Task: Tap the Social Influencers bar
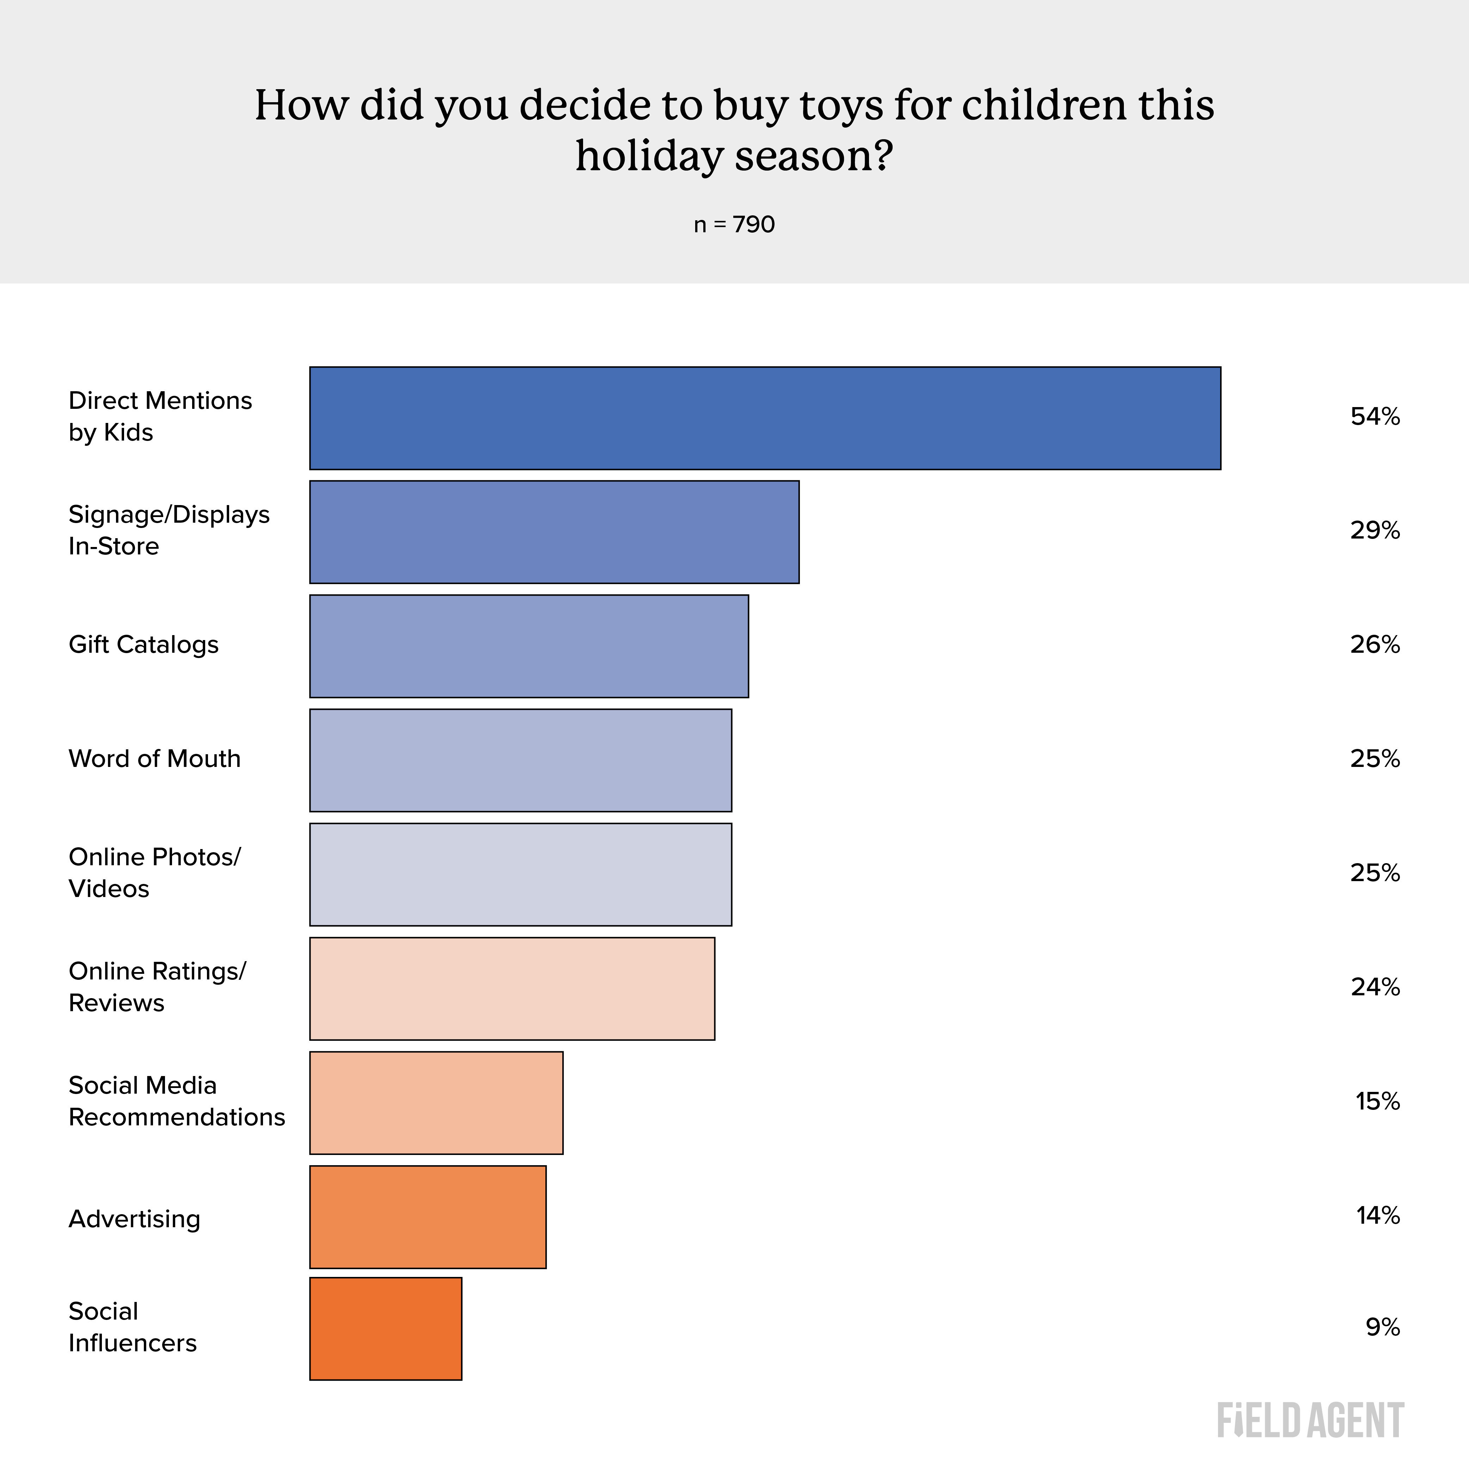[386, 1328]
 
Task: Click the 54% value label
[1375, 417]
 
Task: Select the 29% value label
[1375, 531]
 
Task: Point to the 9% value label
[1382, 1328]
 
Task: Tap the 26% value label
[1375, 645]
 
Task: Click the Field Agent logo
[1310, 1420]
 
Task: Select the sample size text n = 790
[734, 225]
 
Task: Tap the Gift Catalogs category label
[144, 645]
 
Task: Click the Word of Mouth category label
[154, 759]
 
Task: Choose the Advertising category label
[135, 1219]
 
